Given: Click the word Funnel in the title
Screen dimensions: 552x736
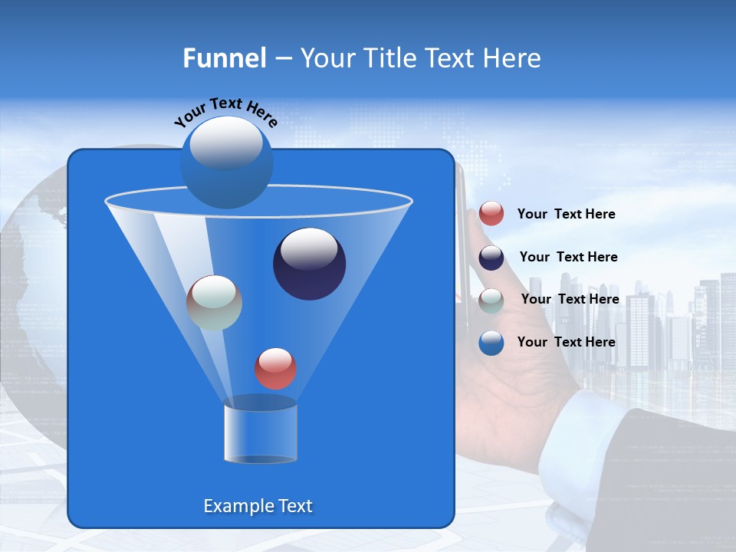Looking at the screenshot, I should coord(224,58).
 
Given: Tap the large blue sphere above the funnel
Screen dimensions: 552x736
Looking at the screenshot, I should coord(226,162).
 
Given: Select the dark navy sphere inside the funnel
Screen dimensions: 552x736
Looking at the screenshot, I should coord(309,264).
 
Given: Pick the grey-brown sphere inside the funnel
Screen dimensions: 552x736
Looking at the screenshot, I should coord(214,303).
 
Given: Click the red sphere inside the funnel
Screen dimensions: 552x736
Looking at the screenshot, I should coord(275,368).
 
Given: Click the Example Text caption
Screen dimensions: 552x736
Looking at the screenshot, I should coord(258,506).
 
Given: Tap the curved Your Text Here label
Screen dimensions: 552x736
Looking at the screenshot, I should coord(225,111).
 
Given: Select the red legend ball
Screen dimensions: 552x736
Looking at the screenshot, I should coord(491,214).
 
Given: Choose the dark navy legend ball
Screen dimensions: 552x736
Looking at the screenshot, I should coord(491,258).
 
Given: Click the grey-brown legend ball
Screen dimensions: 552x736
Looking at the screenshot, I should coord(491,301).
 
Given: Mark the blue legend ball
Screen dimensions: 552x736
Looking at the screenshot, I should coord(491,343).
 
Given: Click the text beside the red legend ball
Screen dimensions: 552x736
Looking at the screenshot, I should coord(566,215).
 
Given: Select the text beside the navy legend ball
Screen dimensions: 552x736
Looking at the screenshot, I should coord(568,258).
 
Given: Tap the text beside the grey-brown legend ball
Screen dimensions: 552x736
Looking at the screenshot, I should coord(570,300).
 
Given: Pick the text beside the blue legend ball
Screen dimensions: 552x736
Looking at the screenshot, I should coord(566,343).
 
